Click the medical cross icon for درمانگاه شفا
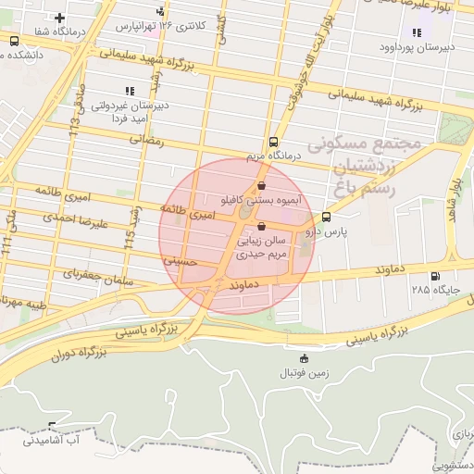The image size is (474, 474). click(x=60, y=18)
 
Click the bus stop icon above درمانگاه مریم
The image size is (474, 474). click(x=273, y=143)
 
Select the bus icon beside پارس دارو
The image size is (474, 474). click(x=326, y=218)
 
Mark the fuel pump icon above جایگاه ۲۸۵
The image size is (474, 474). click(x=434, y=277)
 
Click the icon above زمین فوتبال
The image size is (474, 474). click(x=305, y=358)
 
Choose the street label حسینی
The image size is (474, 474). click(x=180, y=262)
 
